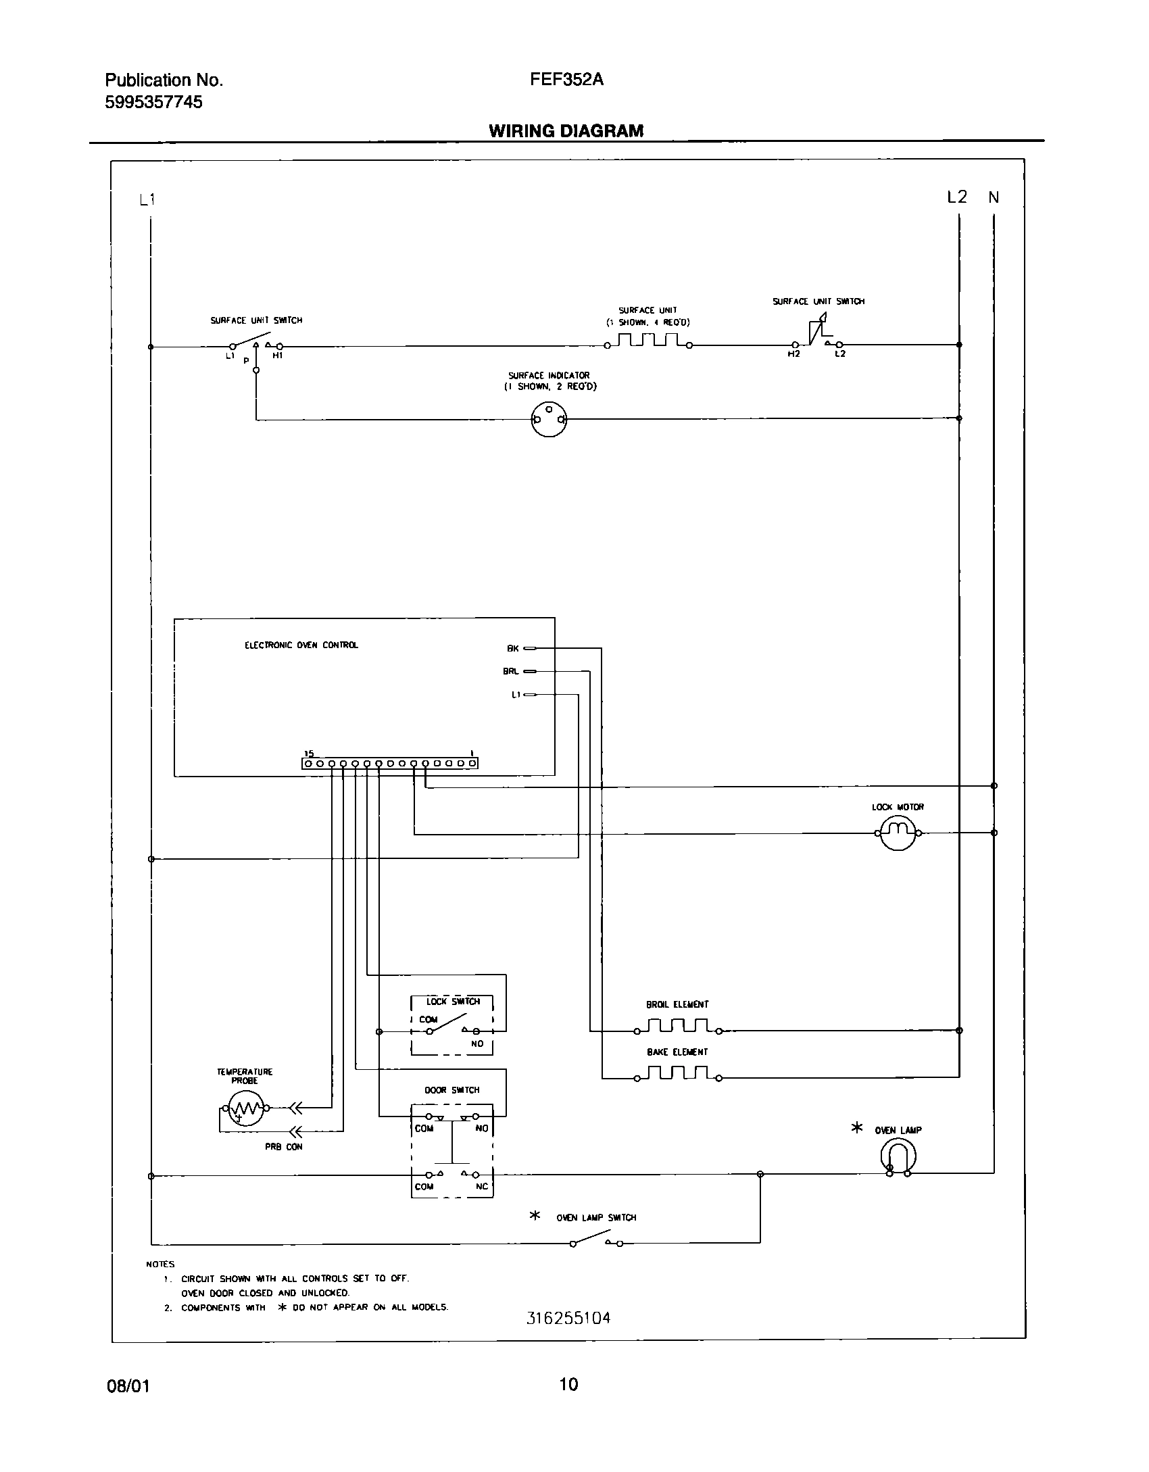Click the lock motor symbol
pos(897,833)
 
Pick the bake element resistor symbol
pos(677,1074)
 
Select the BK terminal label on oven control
pos(513,649)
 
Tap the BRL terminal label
pos(511,672)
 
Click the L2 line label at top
pos(957,197)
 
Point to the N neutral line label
pos(994,198)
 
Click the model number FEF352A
pos(566,80)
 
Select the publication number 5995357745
pos(153,103)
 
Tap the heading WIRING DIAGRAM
pos(566,131)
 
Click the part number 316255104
pos(568,1317)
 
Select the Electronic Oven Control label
pos(301,645)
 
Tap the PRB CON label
pos(284,1147)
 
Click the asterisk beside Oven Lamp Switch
pos(535,1216)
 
